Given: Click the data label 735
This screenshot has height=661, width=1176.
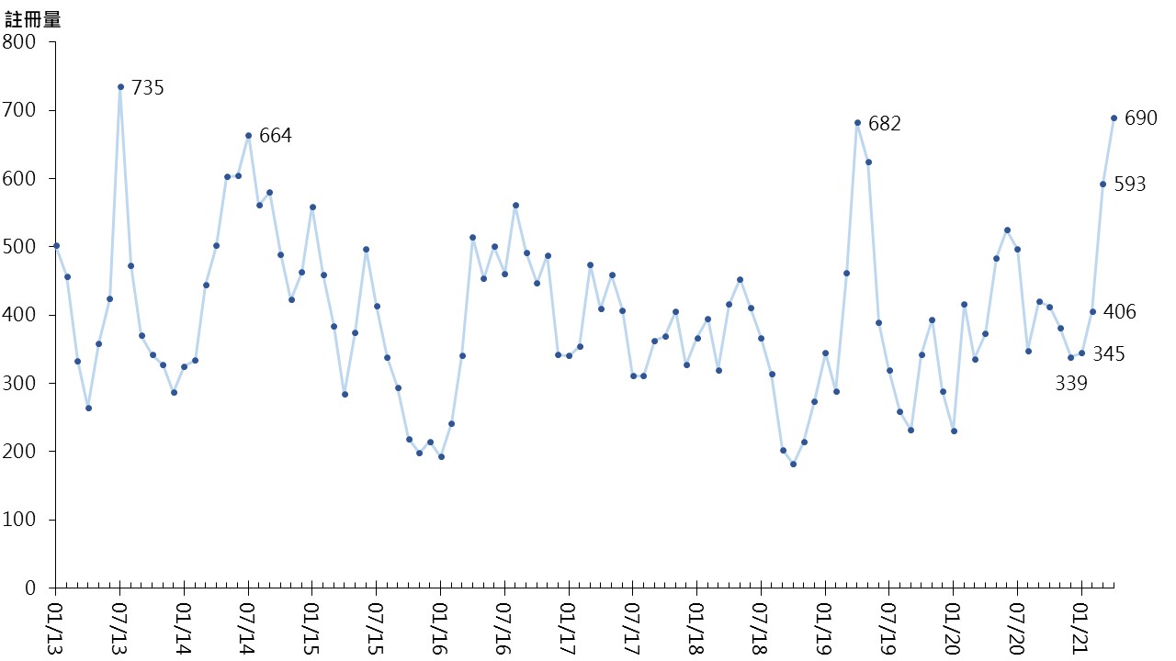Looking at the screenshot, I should [x=147, y=88].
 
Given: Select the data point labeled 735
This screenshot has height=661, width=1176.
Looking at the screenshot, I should [x=120, y=87].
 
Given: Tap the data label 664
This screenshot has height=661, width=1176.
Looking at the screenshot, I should [x=275, y=136].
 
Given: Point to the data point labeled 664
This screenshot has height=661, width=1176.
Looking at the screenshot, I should [x=248, y=136].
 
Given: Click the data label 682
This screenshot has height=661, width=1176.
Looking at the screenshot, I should [x=884, y=123].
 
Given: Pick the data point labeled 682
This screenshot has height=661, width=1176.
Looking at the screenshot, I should [x=857, y=123].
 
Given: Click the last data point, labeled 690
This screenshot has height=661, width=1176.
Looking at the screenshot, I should [x=1114, y=118].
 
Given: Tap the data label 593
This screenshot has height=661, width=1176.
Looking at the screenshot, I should [x=1129, y=185].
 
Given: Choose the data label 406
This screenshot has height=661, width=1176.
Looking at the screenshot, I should [x=1119, y=312].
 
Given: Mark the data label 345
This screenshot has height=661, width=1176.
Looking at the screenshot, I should [x=1108, y=353].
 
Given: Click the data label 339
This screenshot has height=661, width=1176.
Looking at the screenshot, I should [x=1070, y=384].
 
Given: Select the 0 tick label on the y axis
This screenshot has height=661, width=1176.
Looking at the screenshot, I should [x=29, y=588].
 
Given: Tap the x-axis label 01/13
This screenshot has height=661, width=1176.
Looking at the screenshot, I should [x=55, y=624].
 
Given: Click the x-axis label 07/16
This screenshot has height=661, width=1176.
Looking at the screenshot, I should [x=504, y=624].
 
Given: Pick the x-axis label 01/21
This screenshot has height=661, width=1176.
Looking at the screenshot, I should [x=1081, y=624].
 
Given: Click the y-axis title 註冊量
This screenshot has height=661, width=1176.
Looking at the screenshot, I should [x=33, y=18].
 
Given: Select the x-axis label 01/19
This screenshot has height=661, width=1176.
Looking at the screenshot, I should [x=825, y=624].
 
